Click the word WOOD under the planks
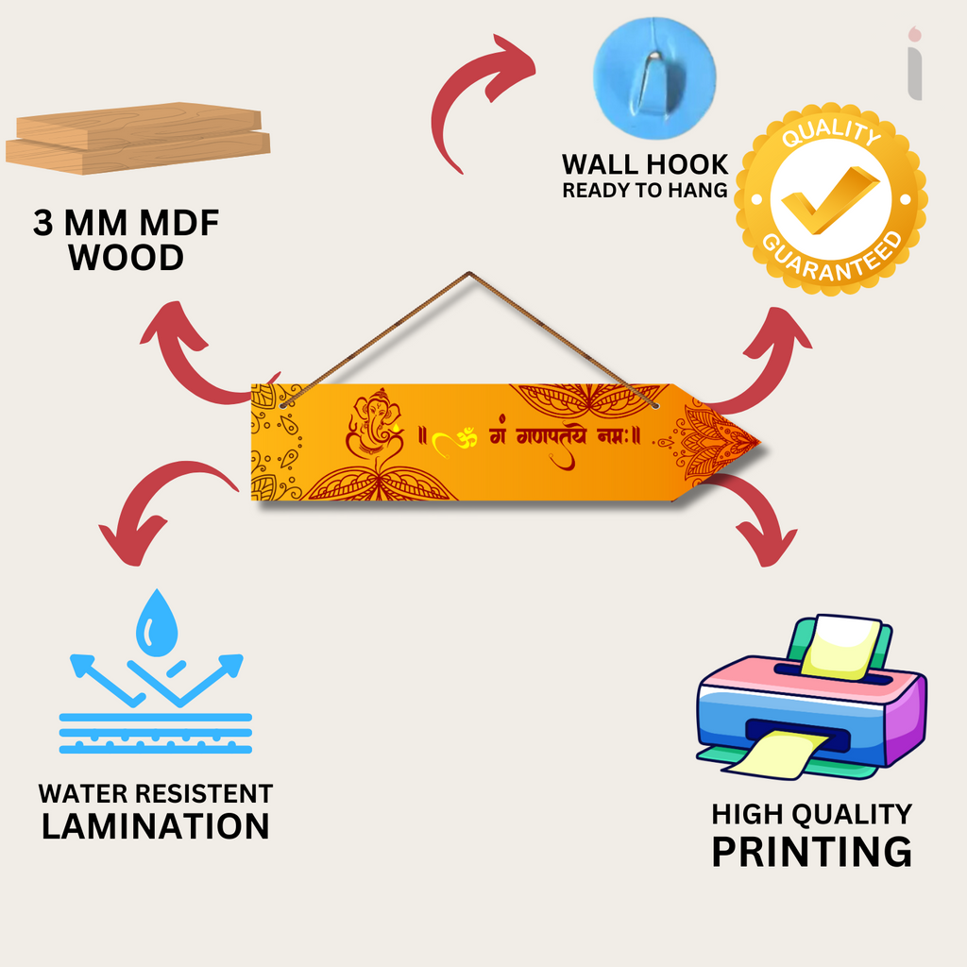point(127,257)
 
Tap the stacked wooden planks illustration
point(138,138)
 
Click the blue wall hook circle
point(653,81)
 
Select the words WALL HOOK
point(645,164)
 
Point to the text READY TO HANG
point(645,190)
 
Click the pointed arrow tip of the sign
point(746,441)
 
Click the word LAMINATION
point(156,825)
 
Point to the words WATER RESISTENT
point(156,793)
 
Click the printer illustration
point(810,699)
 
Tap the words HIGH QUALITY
point(811,813)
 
